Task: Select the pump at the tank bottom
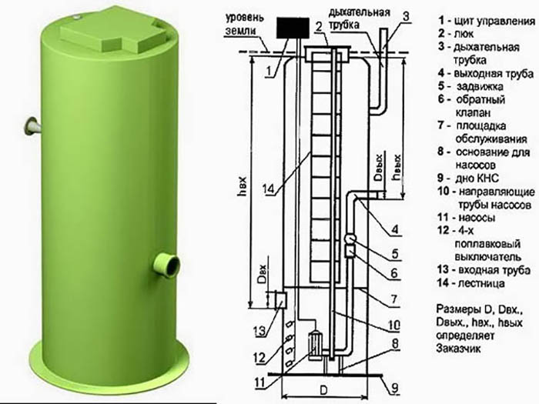coord(314,345)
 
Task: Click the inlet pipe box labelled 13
coord(282,300)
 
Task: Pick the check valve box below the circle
coord(350,252)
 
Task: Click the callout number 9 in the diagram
coord(394,388)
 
